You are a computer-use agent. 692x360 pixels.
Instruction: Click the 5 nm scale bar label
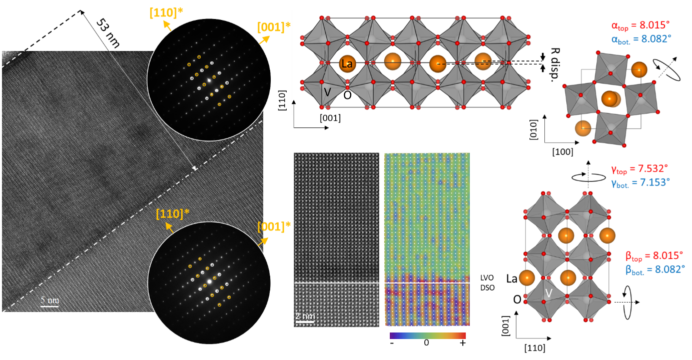click(50, 300)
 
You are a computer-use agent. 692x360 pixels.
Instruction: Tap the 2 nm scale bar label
click(305, 316)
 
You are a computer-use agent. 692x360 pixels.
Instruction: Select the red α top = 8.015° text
click(641, 25)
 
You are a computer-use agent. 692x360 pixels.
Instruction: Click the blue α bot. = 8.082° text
click(641, 38)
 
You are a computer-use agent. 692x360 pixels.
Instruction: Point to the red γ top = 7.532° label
click(639, 169)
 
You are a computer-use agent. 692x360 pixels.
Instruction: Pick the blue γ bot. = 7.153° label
click(639, 182)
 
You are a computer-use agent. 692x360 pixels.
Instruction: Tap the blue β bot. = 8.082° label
click(654, 269)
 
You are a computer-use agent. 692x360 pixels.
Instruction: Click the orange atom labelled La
click(346, 63)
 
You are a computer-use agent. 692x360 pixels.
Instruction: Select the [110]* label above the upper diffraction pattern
click(166, 13)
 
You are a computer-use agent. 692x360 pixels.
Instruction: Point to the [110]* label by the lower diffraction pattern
click(172, 214)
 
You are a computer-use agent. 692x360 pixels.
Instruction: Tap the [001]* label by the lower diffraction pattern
click(274, 226)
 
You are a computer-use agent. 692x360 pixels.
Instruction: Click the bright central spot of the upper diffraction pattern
click(209, 80)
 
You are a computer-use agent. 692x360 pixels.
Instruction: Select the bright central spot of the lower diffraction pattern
click(210, 282)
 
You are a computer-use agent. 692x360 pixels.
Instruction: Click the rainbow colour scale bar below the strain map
click(428, 335)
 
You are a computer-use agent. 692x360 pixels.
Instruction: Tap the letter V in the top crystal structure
click(327, 92)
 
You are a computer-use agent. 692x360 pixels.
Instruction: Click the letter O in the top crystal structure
click(347, 95)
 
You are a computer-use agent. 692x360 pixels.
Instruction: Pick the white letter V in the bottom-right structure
click(548, 293)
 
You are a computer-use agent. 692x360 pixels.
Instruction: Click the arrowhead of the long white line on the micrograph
click(195, 168)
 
